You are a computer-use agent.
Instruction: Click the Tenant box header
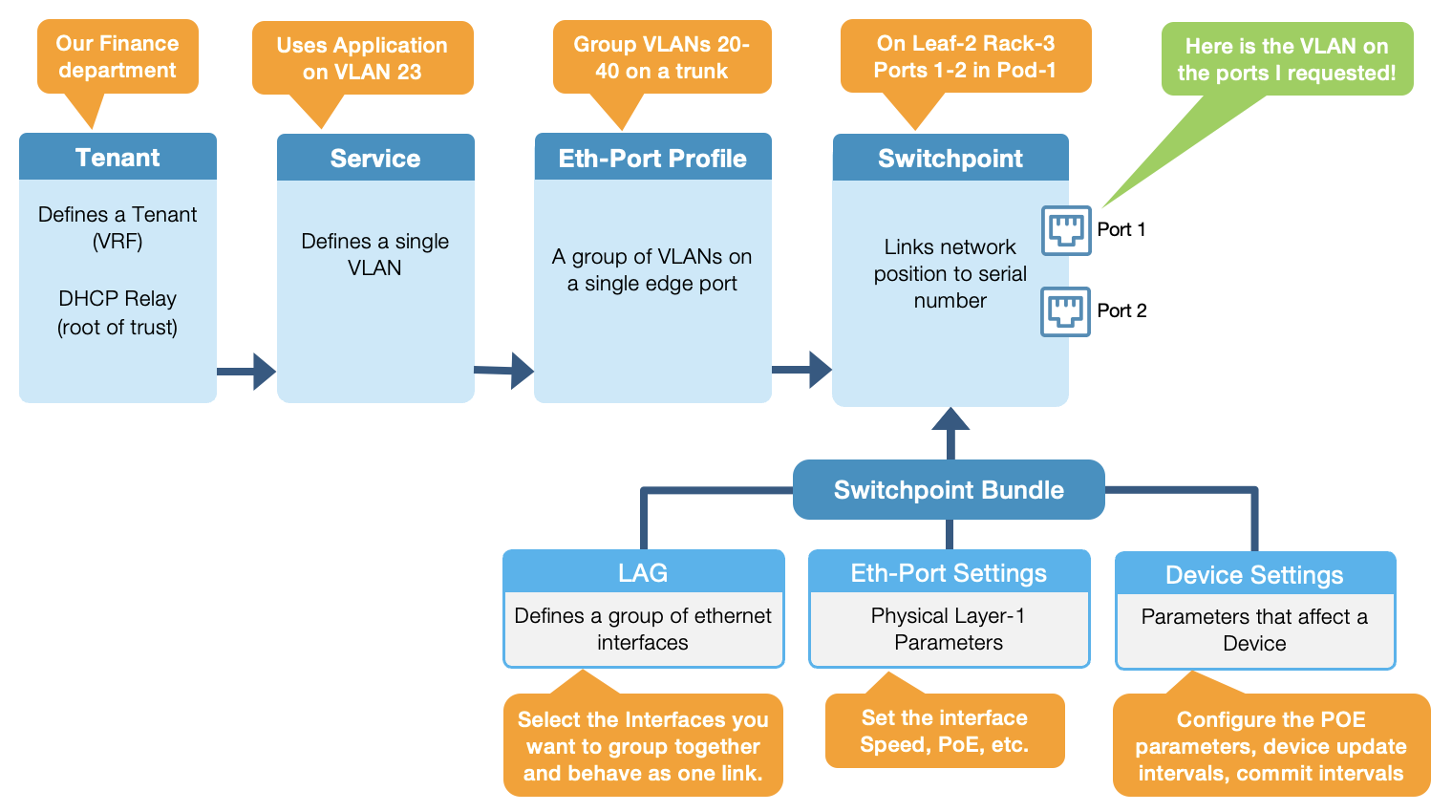[117, 158]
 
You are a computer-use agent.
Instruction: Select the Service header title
[375, 159]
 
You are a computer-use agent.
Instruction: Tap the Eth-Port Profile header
[652, 159]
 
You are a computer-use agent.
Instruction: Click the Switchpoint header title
[950, 159]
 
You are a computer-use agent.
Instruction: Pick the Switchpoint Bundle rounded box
[949, 490]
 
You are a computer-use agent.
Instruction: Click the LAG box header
[643, 572]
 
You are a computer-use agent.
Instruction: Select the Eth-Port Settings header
[949, 572]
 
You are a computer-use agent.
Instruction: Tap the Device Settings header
[1254, 574]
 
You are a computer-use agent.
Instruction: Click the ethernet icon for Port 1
[1066, 230]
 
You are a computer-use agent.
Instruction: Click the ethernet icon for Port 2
[1066, 311]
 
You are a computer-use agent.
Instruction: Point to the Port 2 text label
[1121, 310]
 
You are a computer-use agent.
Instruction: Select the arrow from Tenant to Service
[246, 371]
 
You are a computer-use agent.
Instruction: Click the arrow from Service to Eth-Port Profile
[504, 371]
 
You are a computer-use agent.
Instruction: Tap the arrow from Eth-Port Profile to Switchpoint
[802, 370]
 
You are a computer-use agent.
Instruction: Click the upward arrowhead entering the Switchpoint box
[950, 421]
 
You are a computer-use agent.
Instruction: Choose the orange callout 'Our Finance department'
[117, 57]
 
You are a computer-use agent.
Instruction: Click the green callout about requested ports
[1287, 59]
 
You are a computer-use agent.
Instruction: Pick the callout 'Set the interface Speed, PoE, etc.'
[945, 731]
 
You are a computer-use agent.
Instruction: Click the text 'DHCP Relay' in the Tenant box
[117, 299]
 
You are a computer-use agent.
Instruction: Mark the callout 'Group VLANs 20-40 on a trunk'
[662, 57]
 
